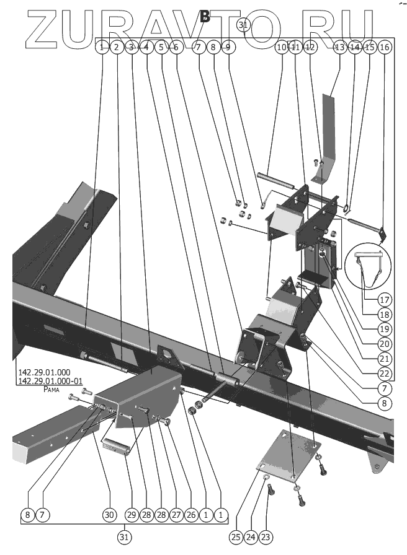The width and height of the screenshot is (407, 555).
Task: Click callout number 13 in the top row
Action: coord(339,47)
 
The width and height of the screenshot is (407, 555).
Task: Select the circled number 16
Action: coord(385,47)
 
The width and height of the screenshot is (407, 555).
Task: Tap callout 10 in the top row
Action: coord(282,47)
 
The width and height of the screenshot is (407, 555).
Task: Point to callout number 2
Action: coord(116,47)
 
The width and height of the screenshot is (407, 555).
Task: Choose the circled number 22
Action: coord(385,374)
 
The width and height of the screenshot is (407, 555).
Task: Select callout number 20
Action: coord(385,343)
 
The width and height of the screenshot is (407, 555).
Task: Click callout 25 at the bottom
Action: coord(235,536)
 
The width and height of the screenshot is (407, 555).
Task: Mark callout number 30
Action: coord(109,515)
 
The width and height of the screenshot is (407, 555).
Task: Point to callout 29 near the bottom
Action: coord(131,515)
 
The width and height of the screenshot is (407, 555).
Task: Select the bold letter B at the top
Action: coord(205,17)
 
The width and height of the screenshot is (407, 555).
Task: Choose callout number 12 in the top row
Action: coord(310,47)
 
